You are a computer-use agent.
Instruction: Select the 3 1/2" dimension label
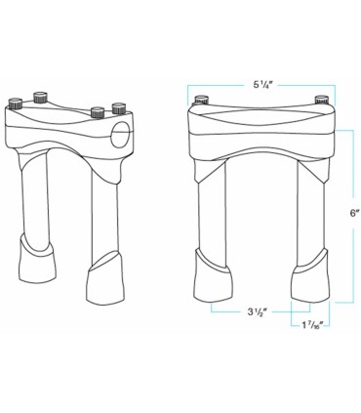tap(258, 312)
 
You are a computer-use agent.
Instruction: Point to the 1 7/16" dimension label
tap(311, 325)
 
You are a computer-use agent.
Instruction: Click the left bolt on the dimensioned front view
tap(201, 100)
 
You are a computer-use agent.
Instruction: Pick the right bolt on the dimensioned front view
tap(321, 100)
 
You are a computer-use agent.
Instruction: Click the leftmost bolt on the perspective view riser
tap(18, 104)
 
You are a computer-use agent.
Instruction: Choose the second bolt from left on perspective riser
tap(41, 97)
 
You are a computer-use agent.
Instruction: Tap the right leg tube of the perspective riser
tap(102, 210)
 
